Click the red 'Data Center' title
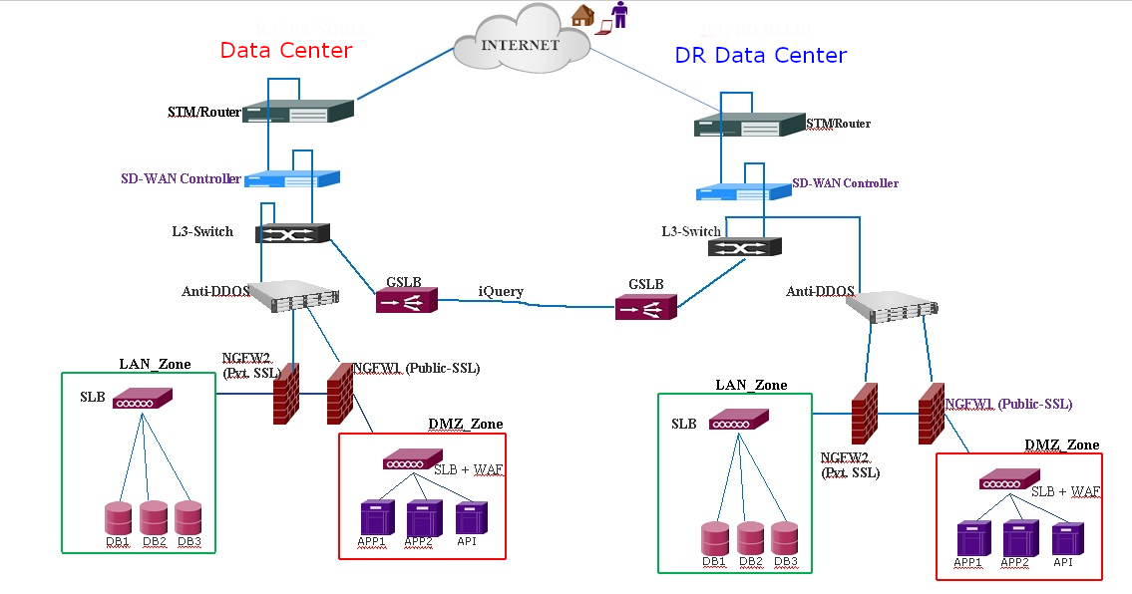(x=286, y=50)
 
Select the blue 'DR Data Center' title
(x=761, y=56)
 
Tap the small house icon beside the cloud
(x=581, y=15)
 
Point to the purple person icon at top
(x=620, y=16)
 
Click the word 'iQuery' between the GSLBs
(x=500, y=291)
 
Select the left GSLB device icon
(x=406, y=301)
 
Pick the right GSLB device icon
(x=646, y=307)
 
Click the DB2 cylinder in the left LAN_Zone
(x=154, y=517)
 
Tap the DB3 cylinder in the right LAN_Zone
(x=786, y=537)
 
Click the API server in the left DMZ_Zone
(x=471, y=518)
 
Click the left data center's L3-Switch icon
(x=292, y=234)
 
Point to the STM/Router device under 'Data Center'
(x=297, y=111)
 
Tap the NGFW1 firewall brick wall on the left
(x=341, y=395)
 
